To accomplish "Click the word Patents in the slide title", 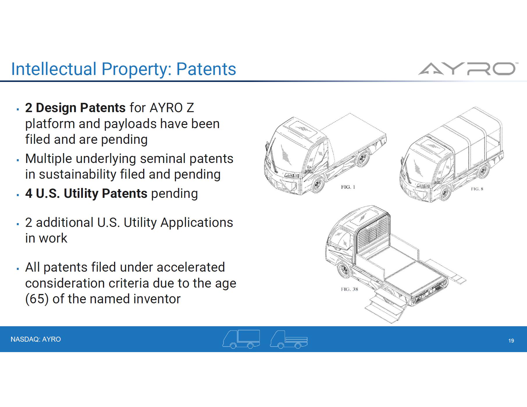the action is pos(206,69).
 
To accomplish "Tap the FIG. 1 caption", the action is pos(348,187).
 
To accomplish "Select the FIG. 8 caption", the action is pos(477,189).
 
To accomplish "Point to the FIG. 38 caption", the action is pos(349,289).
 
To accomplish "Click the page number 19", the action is pos(511,341).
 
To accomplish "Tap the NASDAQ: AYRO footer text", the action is pos(36,339).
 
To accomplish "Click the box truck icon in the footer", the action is pos(241,339).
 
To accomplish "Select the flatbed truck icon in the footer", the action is pos(289,339).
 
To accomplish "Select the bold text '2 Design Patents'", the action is pos(75,108).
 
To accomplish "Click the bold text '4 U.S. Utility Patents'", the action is pos(86,193).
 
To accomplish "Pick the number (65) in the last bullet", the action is pos(37,299).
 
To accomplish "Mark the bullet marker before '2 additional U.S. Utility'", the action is pos(18,224).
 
